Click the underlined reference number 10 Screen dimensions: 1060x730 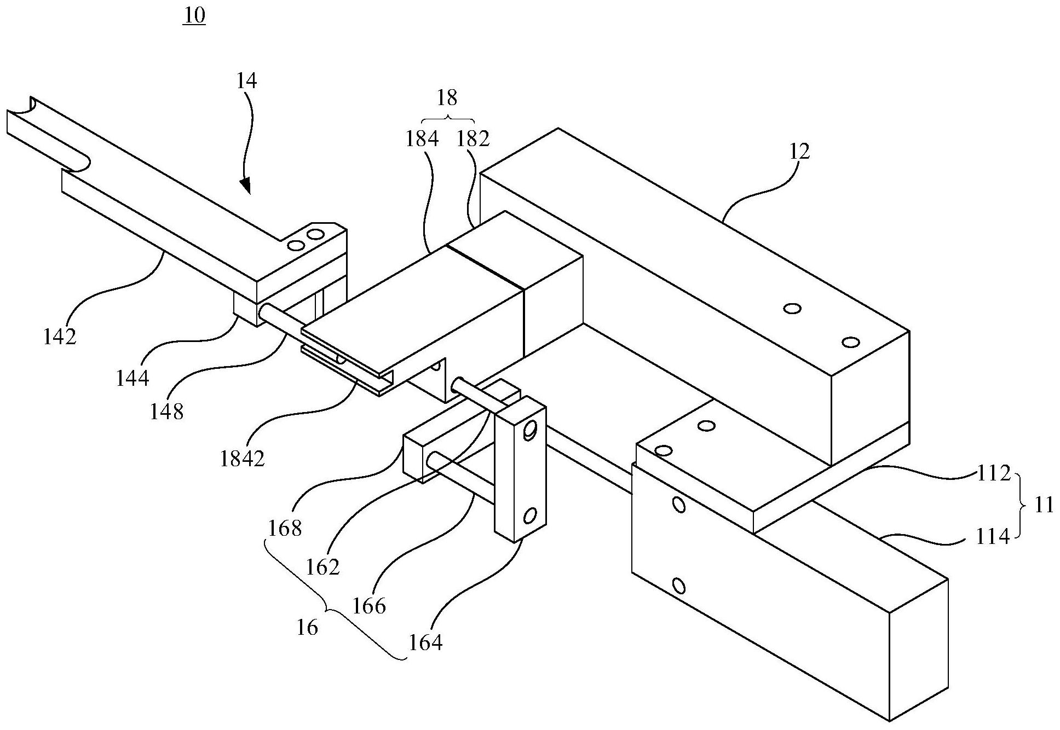pyautogui.click(x=194, y=15)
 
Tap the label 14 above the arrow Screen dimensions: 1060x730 pyautogui.click(x=246, y=81)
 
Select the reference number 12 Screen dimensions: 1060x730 pyautogui.click(x=800, y=151)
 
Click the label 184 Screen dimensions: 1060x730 pyautogui.click(x=422, y=139)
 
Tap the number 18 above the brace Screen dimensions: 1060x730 pyautogui.click(x=447, y=98)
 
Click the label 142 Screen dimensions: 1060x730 pyautogui.click(x=60, y=337)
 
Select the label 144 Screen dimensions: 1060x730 pyautogui.click(x=132, y=378)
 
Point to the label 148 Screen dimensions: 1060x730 pyautogui.click(x=167, y=412)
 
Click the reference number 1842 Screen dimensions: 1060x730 pyautogui.click(x=242, y=459)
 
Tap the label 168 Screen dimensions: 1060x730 pyautogui.click(x=285, y=528)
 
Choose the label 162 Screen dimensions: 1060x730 pyautogui.click(x=323, y=567)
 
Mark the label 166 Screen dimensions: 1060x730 pyautogui.click(x=370, y=606)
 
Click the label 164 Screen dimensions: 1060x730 pyautogui.click(x=425, y=641)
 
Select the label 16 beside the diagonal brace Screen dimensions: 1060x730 pyautogui.click(x=307, y=628)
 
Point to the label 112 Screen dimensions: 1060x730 pyautogui.click(x=994, y=473)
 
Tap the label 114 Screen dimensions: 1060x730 pyautogui.click(x=993, y=536)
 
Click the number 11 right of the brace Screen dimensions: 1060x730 pyautogui.click(x=1045, y=505)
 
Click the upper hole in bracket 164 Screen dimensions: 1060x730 pyautogui.click(x=529, y=431)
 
